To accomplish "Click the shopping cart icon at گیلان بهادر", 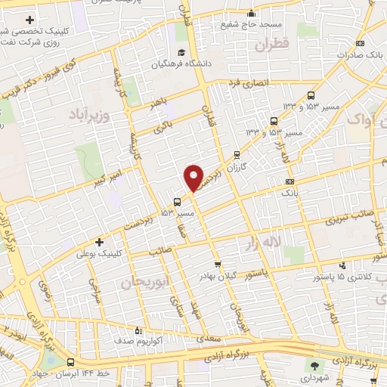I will click(x=218, y=265).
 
